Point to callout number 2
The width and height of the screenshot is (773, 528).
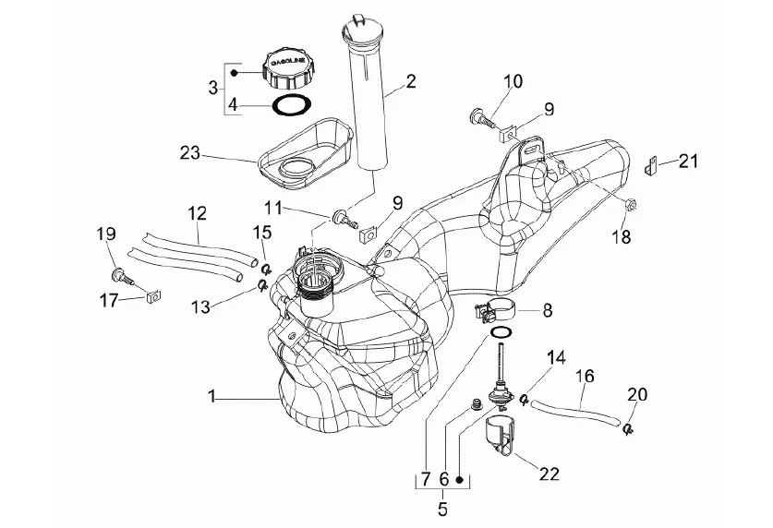click(409, 81)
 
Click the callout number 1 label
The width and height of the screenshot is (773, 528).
click(212, 397)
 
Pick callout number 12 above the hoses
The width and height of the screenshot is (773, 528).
click(197, 213)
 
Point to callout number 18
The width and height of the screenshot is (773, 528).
click(621, 237)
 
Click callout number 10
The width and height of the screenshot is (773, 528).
click(513, 81)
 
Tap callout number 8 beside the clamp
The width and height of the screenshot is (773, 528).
click(547, 311)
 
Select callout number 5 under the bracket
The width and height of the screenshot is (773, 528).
click(441, 508)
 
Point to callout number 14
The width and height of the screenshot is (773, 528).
click(556, 356)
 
